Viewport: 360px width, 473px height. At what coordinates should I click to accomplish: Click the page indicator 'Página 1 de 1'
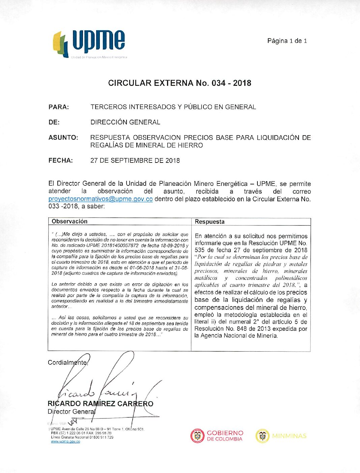click(x=287, y=41)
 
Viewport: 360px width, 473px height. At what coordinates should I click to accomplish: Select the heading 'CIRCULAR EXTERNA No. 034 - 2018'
click(x=179, y=83)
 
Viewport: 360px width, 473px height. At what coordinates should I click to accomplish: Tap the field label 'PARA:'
click(x=59, y=107)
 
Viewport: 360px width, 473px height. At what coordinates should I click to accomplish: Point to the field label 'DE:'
click(x=54, y=122)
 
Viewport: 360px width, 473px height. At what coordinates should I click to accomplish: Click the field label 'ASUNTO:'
click(x=63, y=138)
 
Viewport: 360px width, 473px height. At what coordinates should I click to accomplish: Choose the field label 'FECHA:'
click(x=60, y=160)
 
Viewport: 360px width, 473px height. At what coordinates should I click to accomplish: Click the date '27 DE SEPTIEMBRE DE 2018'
click(x=135, y=160)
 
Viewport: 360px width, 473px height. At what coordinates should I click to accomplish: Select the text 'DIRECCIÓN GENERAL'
click(x=125, y=122)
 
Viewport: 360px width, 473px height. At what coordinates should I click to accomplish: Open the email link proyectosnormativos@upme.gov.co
click(x=101, y=199)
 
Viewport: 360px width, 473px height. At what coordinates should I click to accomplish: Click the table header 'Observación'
click(x=70, y=221)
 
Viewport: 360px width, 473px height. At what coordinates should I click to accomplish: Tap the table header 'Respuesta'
click(x=210, y=222)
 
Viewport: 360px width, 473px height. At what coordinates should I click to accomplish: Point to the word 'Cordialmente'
click(x=67, y=363)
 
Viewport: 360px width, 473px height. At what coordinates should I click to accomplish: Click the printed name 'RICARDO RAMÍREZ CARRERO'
click(x=101, y=404)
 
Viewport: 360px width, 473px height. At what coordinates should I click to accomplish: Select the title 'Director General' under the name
click(x=72, y=412)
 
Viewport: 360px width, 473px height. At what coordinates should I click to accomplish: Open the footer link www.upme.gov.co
click(x=65, y=442)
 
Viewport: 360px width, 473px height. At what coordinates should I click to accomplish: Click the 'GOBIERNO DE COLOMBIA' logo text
click(x=225, y=436)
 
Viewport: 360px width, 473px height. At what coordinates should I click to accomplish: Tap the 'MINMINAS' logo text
click(x=289, y=436)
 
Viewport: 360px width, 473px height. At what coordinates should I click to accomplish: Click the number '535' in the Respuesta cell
click(x=199, y=250)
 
